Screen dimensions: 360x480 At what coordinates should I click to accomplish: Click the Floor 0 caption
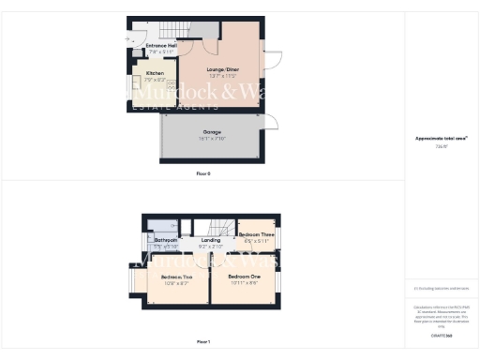pyautogui.click(x=202, y=173)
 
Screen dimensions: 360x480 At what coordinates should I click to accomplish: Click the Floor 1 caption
pyautogui.click(x=202, y=341)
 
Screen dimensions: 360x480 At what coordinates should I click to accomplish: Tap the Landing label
pyautogui.click(x=211, y=241)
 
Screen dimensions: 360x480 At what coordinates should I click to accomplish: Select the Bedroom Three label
pyautogui.click(x=255, y=234)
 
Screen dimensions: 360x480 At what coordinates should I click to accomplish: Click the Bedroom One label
pyautogui.click(x=243, y=277)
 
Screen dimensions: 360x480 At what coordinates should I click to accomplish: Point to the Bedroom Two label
pyautogui.click(x=176, y=277)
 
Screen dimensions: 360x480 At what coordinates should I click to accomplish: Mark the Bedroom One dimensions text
pyautogui.click(x=243, y=283)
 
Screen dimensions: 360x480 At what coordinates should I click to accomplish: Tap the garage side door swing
pyautogui.click(x=270, y=121)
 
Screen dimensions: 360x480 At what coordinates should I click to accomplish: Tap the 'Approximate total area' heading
pyautogui.click(x=441, y=139)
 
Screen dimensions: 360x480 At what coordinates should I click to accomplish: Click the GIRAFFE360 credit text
pyautogui.click(x=441, y=335)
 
